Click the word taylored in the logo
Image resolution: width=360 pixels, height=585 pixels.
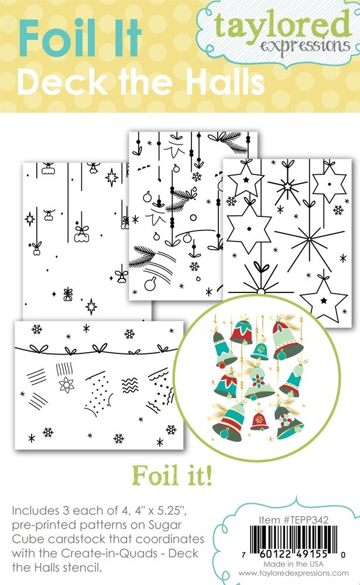283,25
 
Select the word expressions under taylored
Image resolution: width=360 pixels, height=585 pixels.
305,47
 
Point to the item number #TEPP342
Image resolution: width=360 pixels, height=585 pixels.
306,519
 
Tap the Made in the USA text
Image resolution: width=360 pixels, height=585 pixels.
293,564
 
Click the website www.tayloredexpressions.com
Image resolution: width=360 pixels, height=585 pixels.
293,573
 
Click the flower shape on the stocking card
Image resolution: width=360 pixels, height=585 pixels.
67,384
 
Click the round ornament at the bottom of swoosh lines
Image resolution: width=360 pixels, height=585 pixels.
150,285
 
